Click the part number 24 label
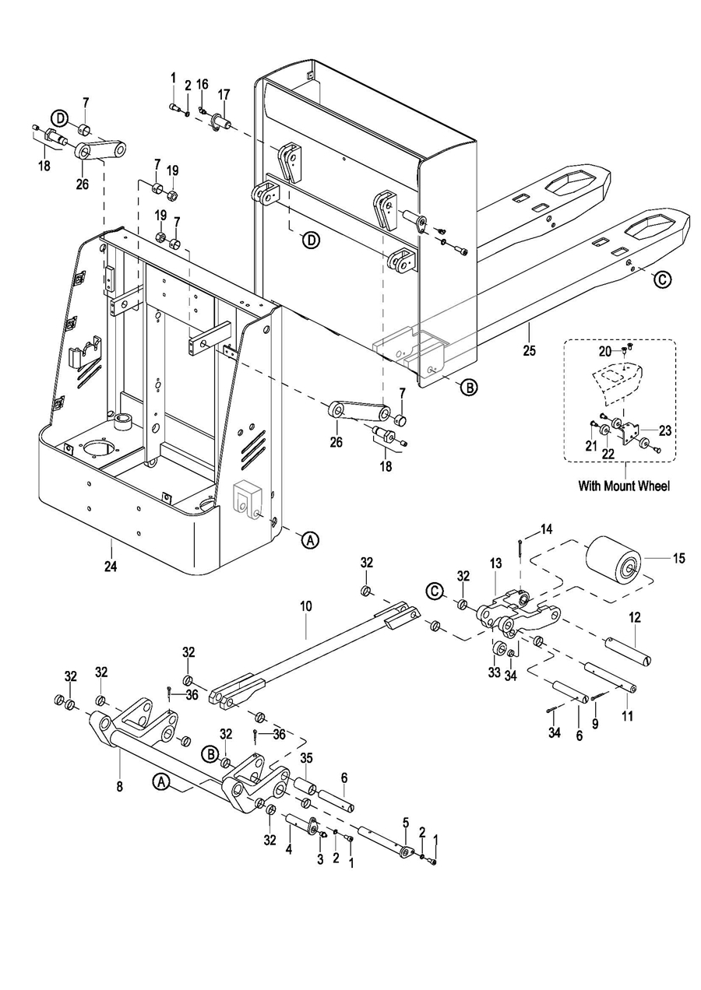point(111,567)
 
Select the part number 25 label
point(529,351)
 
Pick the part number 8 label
point(119,786)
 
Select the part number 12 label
point(635,617)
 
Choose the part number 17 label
point(224,94)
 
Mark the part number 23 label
point(664,429)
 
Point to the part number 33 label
point(494,672)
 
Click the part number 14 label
point(547,529)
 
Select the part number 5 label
point(405,822)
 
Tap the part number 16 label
point(202,84)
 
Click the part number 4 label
point(288,850)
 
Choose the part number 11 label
point(628,714)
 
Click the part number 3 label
point(319,858)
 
